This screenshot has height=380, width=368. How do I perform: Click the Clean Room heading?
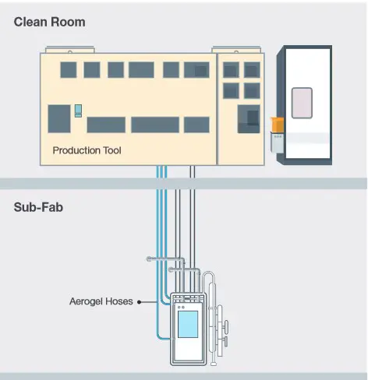point(49,22)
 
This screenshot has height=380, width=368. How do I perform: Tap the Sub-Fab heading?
point(38,207)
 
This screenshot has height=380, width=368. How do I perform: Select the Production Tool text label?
point(87,150)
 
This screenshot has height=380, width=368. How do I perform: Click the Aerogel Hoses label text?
point(101,301)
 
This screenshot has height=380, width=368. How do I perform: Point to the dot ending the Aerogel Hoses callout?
point(140,302)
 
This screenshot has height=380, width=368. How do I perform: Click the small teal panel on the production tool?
point(78,111)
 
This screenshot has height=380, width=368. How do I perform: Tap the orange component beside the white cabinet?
point(278,125)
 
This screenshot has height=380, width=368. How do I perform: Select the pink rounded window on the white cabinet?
point(302,103)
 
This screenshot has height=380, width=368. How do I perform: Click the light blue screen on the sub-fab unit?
point(188,324)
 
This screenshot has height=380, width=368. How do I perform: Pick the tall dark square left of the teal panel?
point(59,119)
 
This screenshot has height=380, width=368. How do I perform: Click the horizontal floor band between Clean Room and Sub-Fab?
point(183,184)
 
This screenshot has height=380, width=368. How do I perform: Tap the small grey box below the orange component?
point(277,142)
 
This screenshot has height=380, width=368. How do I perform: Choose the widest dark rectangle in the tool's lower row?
point(155,125)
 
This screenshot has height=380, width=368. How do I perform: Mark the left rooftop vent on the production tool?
point(70,50)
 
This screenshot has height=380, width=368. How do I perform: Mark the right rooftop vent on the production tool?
point(236,50)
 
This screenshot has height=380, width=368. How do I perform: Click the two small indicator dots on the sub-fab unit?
point(181,308)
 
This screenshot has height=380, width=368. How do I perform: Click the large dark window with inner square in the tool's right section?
point(249,119)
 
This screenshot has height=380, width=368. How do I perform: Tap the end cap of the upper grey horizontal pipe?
point(149,259)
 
